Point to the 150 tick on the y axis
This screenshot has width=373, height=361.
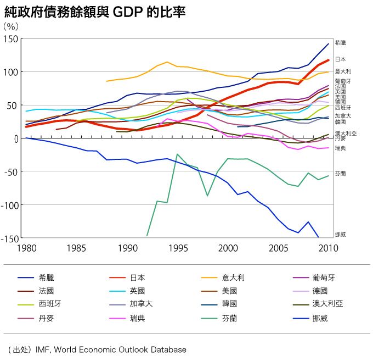(12, 39)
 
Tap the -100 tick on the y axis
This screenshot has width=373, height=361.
(9, 205)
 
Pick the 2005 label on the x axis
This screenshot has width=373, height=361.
(278, 248)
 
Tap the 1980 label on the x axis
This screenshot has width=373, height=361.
(26, 248)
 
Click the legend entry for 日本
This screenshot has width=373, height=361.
(138, 277)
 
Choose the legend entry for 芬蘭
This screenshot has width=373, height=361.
(229, 317)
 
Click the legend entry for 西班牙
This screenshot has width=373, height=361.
(50, 304)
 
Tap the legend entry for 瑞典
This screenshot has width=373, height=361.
(138, 317)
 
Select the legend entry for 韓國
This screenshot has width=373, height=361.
(229, 304)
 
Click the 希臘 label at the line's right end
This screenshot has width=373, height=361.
(340, 42)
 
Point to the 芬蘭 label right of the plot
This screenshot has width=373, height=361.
(340, 174)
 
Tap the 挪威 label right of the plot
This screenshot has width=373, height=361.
(340, 235)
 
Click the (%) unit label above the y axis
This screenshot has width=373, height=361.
(11, 26)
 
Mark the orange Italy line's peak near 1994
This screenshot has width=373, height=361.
(167, 62)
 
